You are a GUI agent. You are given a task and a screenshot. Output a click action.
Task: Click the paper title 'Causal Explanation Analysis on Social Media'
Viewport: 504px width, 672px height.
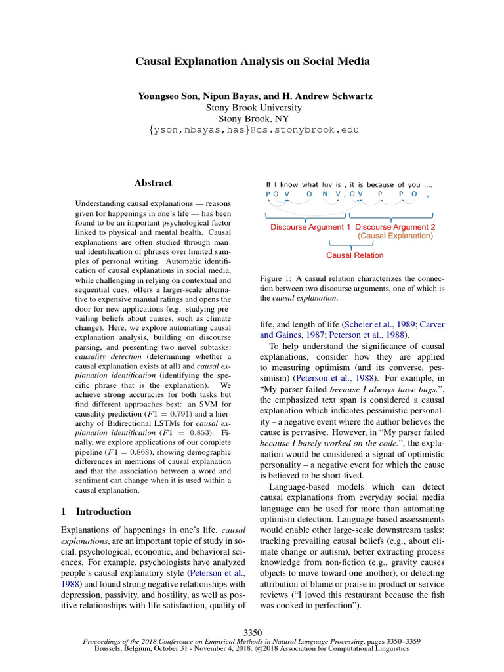click(252, 62)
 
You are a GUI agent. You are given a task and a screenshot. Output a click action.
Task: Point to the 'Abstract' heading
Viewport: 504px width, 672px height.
click(153, 183)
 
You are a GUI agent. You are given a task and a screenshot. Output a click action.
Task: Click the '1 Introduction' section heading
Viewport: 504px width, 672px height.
click(96, 511)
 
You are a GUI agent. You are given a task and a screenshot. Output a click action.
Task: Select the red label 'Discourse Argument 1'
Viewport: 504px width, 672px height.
click(310, 227)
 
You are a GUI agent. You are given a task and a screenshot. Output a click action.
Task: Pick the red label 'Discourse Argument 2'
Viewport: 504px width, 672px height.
click(395, 227)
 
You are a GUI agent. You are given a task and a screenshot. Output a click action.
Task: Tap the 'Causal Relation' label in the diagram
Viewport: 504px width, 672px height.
click(355, 255)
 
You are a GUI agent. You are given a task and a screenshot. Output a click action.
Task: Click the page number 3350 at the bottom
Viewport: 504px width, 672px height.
click(252, 632)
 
